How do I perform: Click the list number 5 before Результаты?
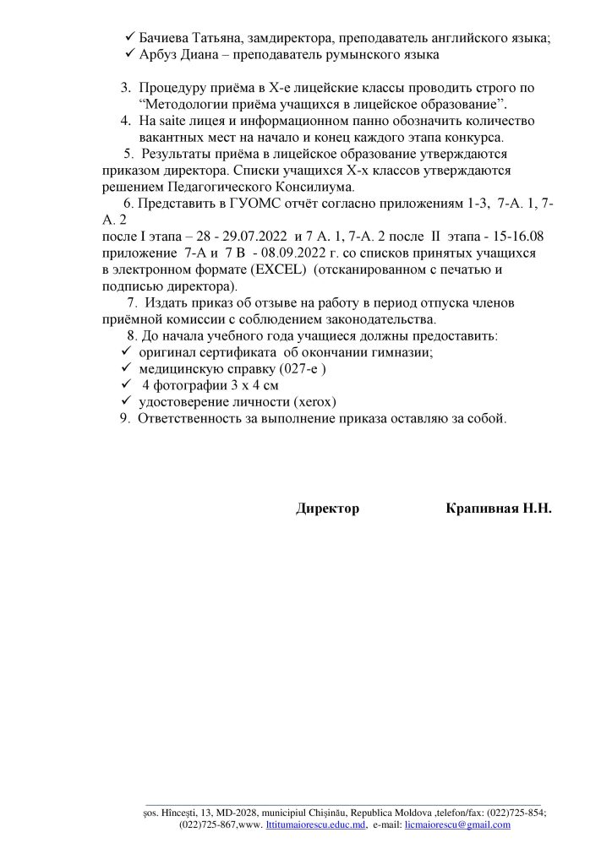point(128,154)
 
